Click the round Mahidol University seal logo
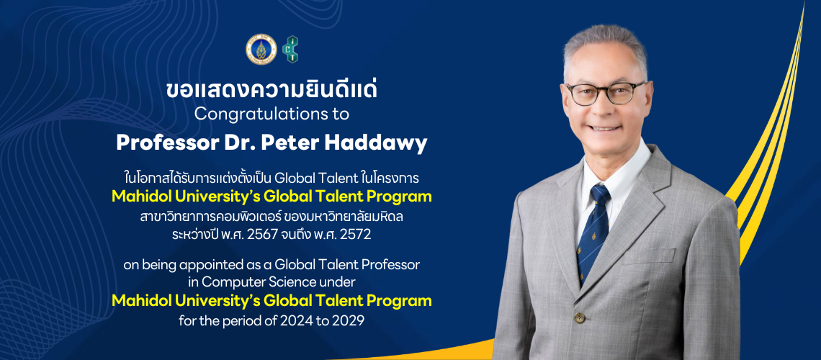256,48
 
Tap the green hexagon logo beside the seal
290,48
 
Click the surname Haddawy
386,143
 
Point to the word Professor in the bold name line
156,143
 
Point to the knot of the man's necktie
599,194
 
